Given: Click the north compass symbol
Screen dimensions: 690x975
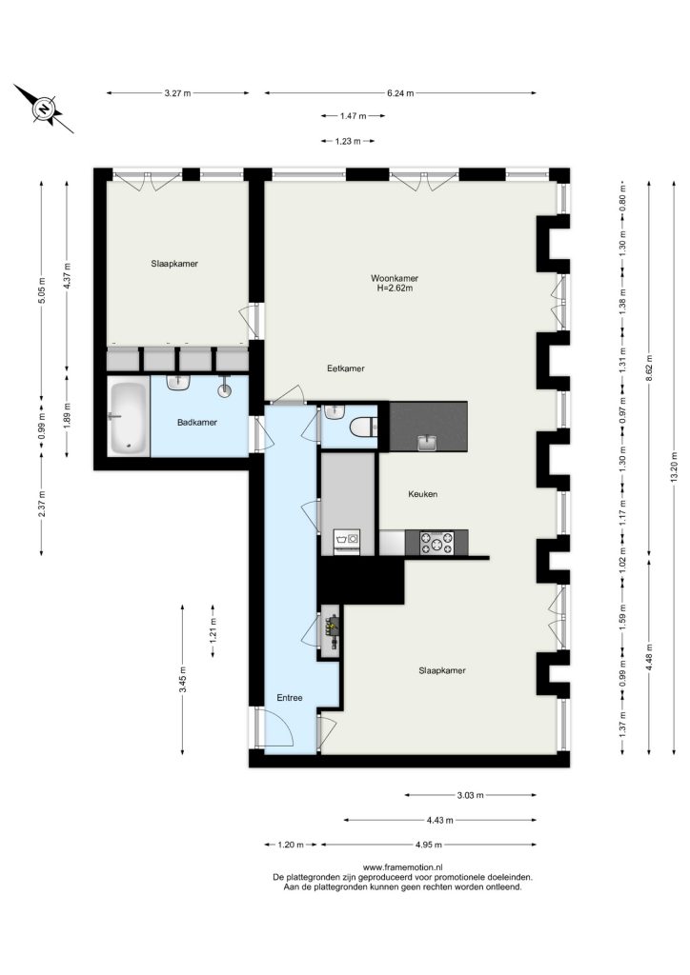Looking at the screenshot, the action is pos(44,109).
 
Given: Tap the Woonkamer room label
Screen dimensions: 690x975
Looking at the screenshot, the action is pos(395,278).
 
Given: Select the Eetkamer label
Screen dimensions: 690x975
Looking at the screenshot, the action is pos(346,368).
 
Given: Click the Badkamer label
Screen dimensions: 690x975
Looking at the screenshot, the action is pos(197,422).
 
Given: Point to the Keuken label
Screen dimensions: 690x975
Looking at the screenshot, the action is pos(422,494).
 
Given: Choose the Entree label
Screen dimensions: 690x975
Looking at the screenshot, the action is pos(290,698).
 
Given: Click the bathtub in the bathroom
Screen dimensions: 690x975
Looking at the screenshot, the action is pos(128,419).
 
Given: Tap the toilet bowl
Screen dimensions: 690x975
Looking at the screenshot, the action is pos(362,428).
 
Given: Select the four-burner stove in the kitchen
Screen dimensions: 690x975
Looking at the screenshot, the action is pos(436,542).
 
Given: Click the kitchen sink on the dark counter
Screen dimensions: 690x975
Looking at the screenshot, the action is pos(428,443).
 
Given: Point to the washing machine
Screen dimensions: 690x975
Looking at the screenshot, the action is pos(347,540).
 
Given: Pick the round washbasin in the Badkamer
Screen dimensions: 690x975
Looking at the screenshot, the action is pos(225,389).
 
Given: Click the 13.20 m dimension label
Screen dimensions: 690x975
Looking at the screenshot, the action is pos(674,466).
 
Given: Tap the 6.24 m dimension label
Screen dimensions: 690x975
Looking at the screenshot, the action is pos(400,93).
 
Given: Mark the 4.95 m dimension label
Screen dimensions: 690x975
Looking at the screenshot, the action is pos(428,845).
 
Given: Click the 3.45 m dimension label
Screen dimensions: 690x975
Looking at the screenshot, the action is pos(182,679).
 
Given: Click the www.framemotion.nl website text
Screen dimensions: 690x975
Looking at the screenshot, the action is pos(402,866).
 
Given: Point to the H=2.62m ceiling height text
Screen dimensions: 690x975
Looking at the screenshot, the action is pos(395,288).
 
